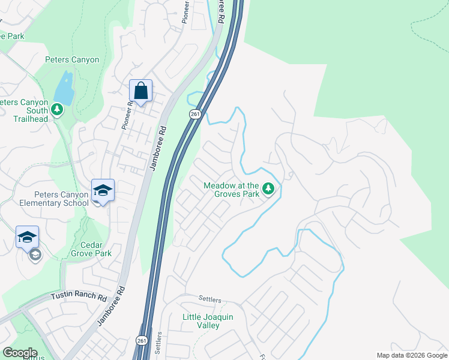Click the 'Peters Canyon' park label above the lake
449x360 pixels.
point(72,59)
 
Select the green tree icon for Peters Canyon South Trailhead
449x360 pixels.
point(57,109)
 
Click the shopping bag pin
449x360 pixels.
point(140,91)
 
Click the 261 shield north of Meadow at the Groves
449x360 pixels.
point(194,114)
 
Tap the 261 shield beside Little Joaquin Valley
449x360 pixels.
point(142,340)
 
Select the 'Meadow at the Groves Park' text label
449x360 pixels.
point(231,190)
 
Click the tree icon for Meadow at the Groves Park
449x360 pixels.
point(270,190)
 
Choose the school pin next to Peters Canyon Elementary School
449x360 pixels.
point(103,191)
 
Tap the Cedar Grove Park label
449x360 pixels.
point(95,249)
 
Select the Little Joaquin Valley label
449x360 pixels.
point(208,321)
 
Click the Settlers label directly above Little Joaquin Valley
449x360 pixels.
point(210,299)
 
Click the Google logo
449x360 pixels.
point(19,353)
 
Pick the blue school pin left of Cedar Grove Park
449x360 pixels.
point(27,238)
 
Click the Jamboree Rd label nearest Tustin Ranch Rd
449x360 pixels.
point(112,305)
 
